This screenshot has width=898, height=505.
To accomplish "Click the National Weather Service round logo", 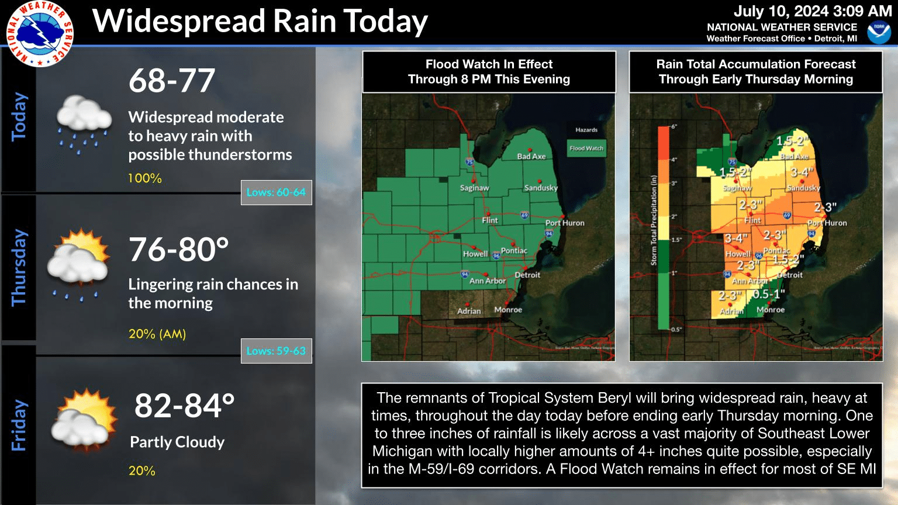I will [40, 33].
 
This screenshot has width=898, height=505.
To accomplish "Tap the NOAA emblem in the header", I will [879, 33].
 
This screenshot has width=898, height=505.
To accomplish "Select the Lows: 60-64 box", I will [276, 192].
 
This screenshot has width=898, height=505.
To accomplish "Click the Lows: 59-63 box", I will [276, 351].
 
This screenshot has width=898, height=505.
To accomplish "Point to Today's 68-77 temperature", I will [172, 81].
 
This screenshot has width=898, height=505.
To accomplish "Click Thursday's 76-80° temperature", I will [178, 250].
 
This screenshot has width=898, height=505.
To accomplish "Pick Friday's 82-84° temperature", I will [184, 406].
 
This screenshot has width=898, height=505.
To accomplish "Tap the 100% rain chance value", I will [145, 178].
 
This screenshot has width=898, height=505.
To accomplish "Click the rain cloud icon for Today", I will [84, 123].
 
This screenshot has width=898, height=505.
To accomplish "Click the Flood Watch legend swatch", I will [586, 148].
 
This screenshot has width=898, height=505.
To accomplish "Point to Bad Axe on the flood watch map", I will [531, 156].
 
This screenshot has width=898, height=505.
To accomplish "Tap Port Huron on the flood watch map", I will [564, 223].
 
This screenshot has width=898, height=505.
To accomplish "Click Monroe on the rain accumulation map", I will [770, 310].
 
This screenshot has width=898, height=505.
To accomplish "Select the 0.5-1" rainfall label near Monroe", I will [769, 294].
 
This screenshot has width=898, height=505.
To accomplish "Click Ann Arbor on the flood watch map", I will [487, 281].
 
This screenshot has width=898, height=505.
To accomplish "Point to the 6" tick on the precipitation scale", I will [673, 127].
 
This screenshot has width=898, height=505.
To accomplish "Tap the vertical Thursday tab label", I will [19, 267].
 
